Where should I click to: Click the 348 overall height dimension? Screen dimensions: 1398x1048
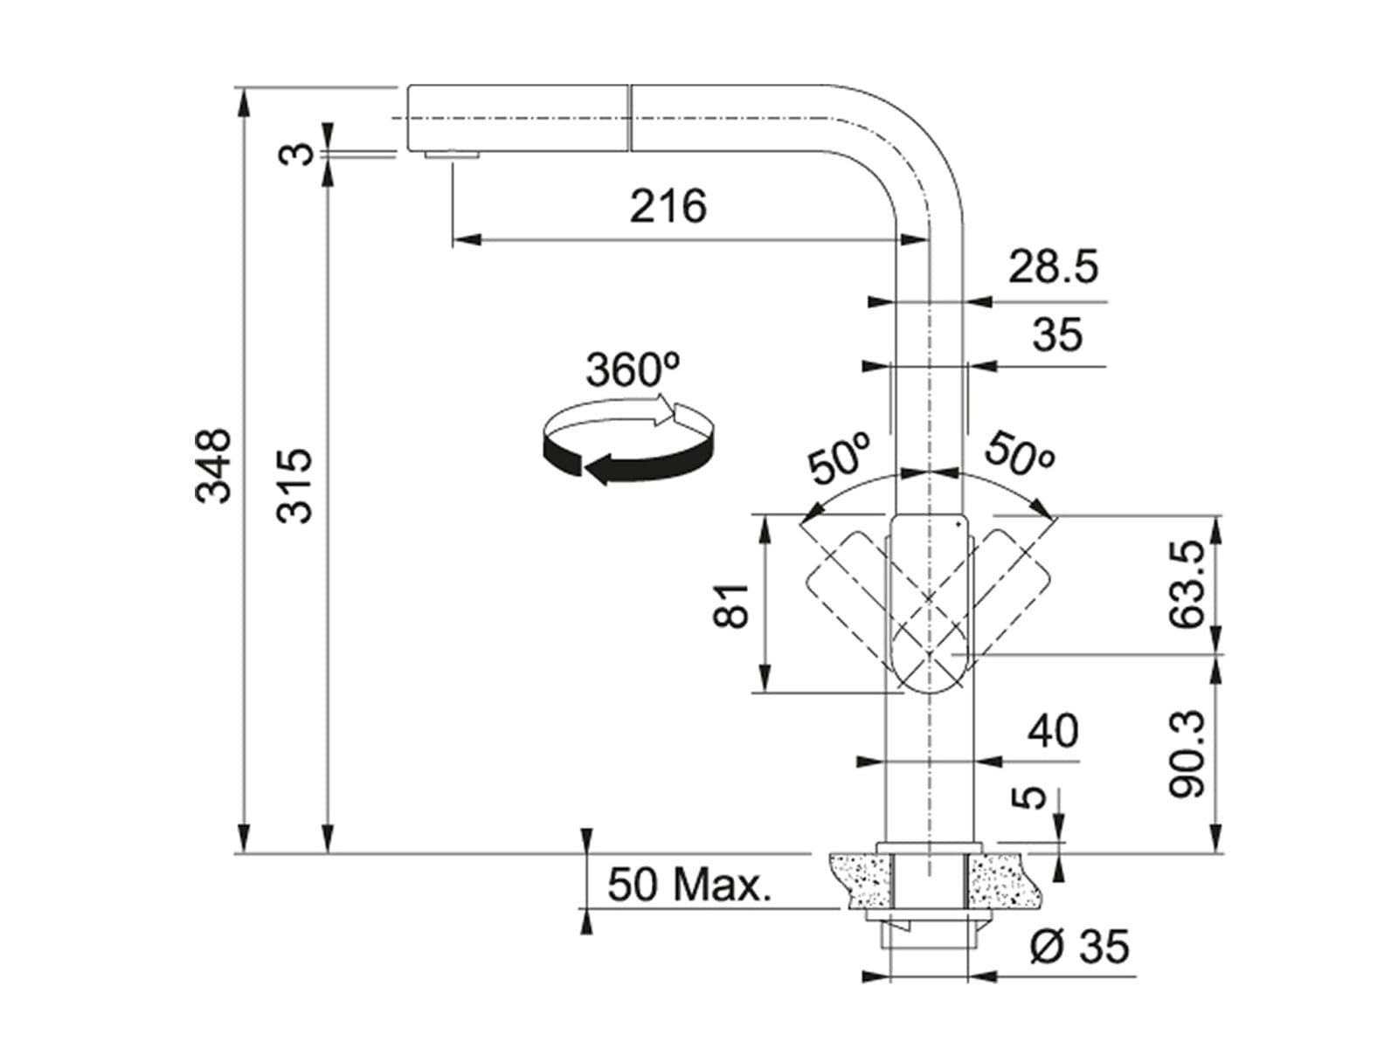pyautogui.click(x=212, y=466)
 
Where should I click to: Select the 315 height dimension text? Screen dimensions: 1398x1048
pyautogui.click(x=294, y=486)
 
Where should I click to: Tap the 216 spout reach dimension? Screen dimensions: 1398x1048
pyautogui.click(x=668, y=206)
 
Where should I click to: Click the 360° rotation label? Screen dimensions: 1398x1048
pyautogui.click(x=633, y=369)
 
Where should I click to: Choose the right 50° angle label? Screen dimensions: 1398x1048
pyautogui.click(x=1019, y=453)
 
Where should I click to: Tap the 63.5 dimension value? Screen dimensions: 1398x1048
pyautogui.click(x=1187, y=584)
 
